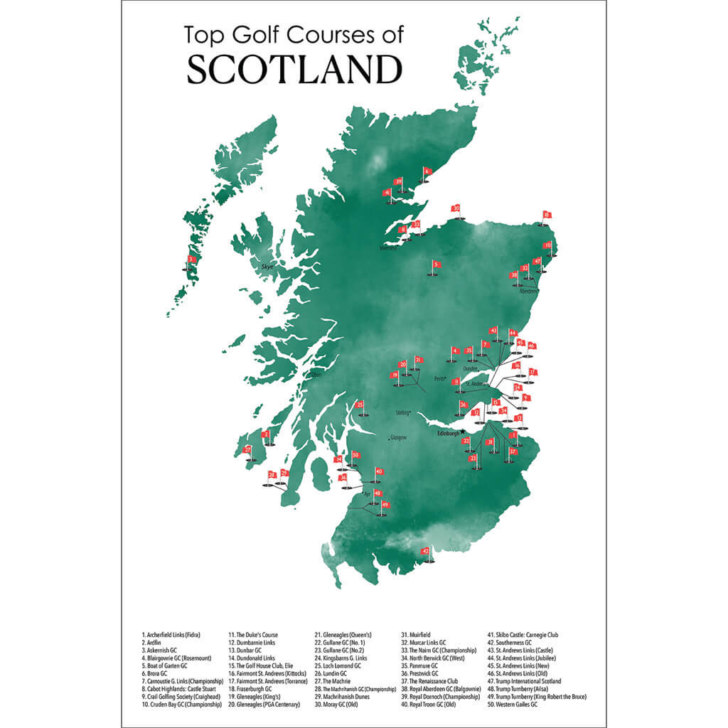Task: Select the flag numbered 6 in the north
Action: (427, 171)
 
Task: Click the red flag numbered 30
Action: (456, 208)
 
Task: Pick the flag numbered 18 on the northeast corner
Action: (547, 215)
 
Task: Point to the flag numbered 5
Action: (436, 264)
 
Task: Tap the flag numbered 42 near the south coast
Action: (426, 551)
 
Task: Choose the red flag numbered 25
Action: (360, 405)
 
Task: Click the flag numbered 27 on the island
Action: (247, 449)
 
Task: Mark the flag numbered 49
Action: (385, 505)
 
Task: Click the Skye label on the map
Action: (267, 266)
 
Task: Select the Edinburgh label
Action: (449, 432)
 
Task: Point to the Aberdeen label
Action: (529, 291)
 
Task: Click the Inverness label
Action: (389, 248)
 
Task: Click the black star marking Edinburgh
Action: (463, 431)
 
